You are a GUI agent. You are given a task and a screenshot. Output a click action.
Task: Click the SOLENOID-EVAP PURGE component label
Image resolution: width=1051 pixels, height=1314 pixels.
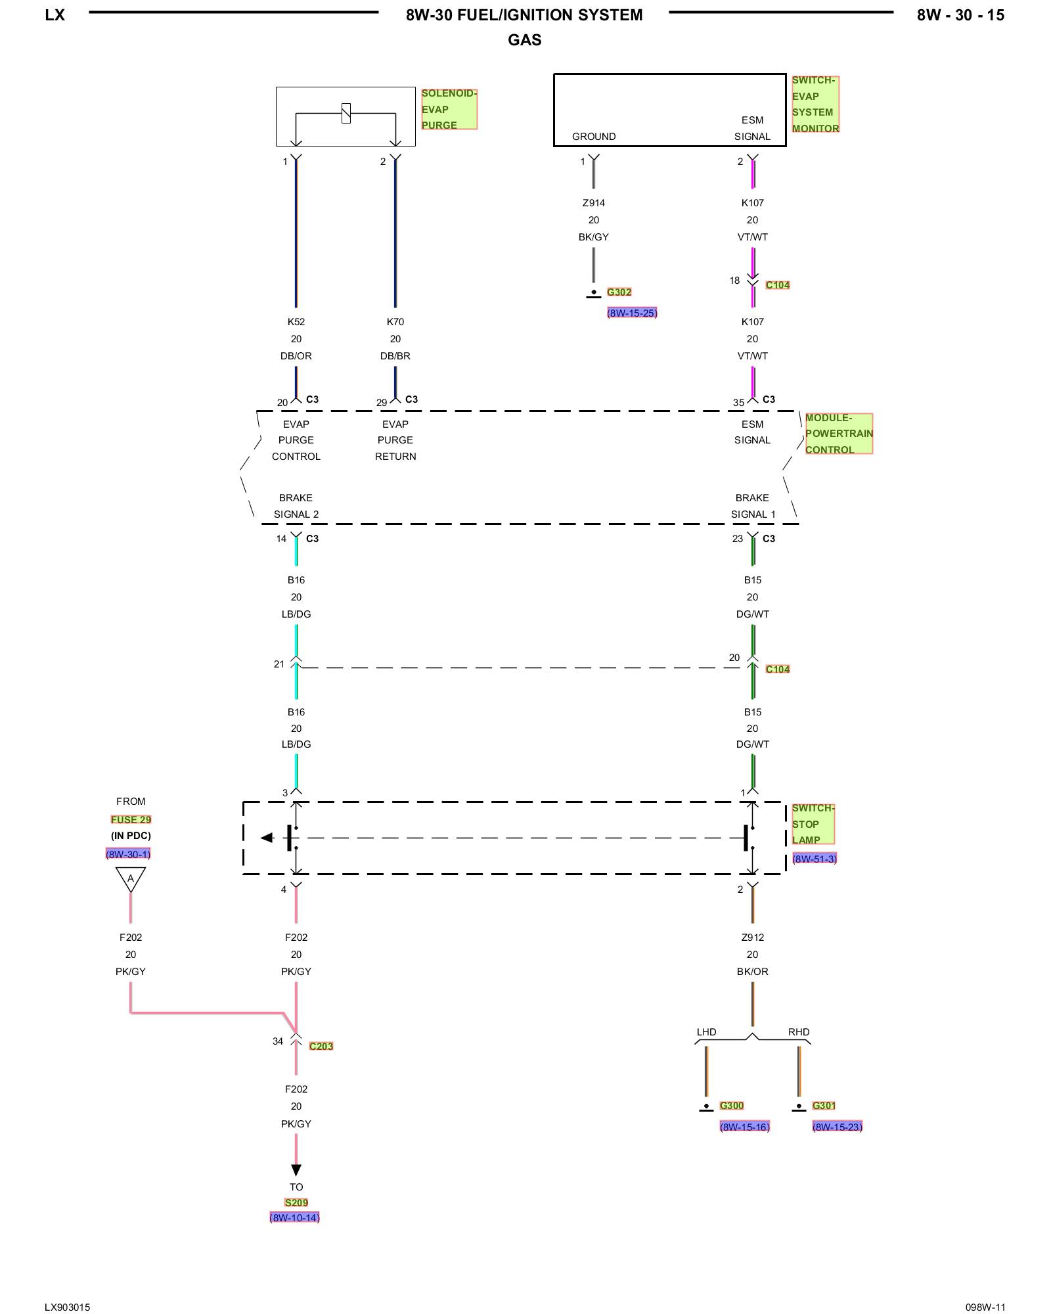click(449, 109)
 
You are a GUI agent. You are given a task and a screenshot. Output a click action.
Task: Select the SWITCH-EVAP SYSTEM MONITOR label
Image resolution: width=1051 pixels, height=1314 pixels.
click(815, 104)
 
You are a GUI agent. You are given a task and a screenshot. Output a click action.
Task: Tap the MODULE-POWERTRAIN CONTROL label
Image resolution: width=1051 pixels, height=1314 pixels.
click(838, 434)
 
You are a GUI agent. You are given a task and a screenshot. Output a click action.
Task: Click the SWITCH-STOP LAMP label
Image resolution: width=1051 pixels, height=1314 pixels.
click(813, 824)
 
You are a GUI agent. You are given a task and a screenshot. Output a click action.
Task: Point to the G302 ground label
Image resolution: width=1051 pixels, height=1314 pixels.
click(619, 292)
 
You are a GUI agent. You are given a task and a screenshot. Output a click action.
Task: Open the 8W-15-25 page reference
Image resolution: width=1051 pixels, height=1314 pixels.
click(632, 313)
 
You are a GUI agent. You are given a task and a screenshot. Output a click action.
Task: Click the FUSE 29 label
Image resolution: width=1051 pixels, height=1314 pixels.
click(131, 819)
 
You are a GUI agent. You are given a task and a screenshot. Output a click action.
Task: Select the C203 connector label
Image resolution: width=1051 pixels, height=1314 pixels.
click(321, 1046)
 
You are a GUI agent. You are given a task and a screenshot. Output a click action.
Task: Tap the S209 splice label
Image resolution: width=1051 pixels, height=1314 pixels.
click(296, 1202)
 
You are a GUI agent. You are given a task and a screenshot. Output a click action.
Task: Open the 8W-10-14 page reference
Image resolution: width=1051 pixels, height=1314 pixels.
click(294, 1217)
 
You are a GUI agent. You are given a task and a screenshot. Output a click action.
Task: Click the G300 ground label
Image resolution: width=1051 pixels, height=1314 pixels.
click(732, 1106)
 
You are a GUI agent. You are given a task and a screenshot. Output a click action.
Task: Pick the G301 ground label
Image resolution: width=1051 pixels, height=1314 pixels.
click(824, 1106)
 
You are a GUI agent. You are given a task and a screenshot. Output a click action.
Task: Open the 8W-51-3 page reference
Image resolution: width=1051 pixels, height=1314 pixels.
click(815, 859)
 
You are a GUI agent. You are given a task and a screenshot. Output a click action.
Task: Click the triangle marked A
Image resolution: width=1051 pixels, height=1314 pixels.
click(130, 878)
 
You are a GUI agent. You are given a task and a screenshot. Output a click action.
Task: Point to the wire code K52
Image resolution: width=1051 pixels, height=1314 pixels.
click(296, 322)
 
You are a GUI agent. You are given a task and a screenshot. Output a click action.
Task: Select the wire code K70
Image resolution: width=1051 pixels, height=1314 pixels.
click(395, 322)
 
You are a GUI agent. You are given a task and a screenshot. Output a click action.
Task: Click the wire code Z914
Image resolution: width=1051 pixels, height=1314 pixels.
click(594, 203)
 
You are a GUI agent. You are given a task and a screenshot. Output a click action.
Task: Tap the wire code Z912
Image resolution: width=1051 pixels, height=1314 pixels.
click(753, 938)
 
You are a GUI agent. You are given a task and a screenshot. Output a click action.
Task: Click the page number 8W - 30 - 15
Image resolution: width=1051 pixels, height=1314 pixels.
click(960, 15)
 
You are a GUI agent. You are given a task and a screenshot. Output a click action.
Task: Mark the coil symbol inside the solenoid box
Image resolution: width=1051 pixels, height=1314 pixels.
click(346, 113)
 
